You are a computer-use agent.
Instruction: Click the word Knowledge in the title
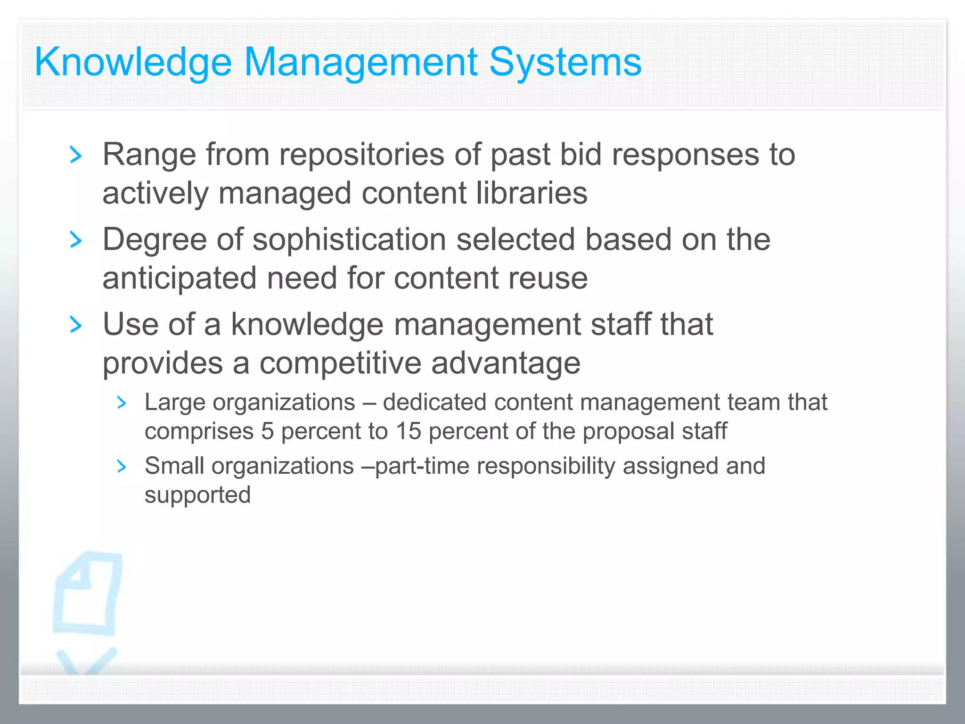pos(133,62)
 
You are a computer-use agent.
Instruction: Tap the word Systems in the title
pos(565,62)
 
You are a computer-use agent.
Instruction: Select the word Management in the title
pos(360,62)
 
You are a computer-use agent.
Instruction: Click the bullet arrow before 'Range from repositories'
pos(75,155)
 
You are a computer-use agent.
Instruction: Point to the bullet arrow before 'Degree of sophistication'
pos(75,239)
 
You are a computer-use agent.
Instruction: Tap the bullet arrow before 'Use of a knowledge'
pos(75,325)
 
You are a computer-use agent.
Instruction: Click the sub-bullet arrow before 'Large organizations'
pos(122,403)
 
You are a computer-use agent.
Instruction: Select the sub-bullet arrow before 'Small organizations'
pos(122,466)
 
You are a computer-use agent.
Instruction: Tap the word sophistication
pos(349,239)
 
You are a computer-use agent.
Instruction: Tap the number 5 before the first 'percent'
pos(267,431)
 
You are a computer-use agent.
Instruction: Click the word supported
pos(197,495)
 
